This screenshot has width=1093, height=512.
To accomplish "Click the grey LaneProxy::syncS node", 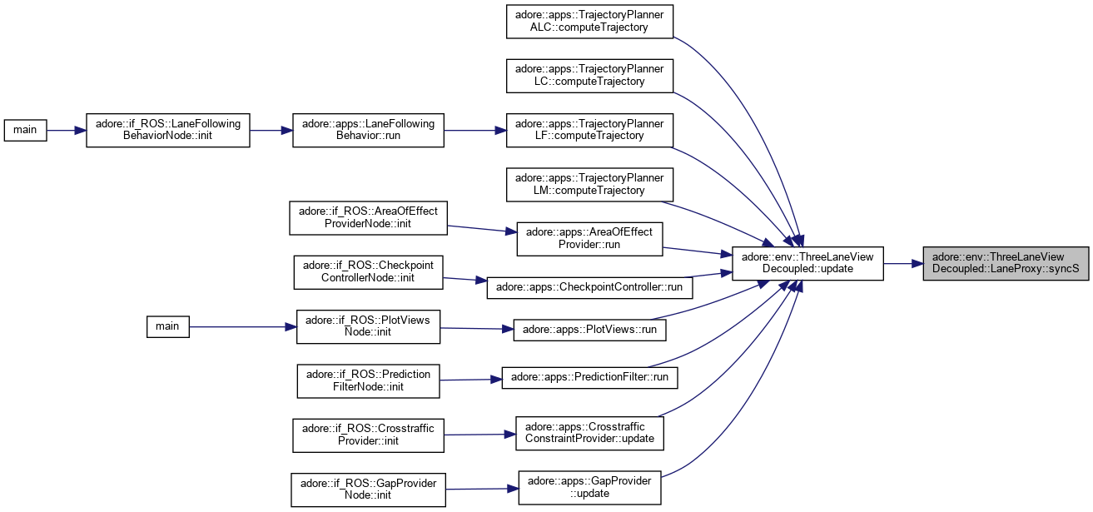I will coord(1006,263).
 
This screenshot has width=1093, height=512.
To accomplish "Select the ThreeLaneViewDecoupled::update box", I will coord(807,263).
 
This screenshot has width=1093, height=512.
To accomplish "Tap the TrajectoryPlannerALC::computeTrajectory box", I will coord(589,21).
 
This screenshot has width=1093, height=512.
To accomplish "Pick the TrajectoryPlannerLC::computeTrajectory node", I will coord(589,75).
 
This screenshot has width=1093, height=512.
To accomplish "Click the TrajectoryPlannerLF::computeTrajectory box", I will coord(589,130).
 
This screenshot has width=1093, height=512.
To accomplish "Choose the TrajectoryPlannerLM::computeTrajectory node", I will coord(589,184).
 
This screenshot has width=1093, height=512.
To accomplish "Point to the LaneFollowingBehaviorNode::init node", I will coord(168,130).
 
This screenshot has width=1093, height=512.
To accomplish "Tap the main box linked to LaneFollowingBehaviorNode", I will coord(25,130).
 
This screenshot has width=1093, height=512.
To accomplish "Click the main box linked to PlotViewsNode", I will coord(167,326).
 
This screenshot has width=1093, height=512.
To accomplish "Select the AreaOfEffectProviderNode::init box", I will coord(368,217).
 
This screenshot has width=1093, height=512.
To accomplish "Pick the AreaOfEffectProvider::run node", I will coord(589,238).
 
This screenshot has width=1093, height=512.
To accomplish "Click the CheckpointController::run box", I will coord(589,286).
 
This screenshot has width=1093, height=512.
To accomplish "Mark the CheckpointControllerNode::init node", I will coord(368,271).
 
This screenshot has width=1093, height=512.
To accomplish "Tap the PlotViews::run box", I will coord(589,329).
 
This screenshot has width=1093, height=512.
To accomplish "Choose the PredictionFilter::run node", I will coord(589,377).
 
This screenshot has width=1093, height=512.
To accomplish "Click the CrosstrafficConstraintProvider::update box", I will coord(589,432).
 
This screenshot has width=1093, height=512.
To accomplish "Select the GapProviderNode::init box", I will coord(368,490).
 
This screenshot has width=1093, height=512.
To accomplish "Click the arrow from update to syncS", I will coord(902,263).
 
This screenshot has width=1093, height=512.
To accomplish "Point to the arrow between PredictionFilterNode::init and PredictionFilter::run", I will coord(469,379).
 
